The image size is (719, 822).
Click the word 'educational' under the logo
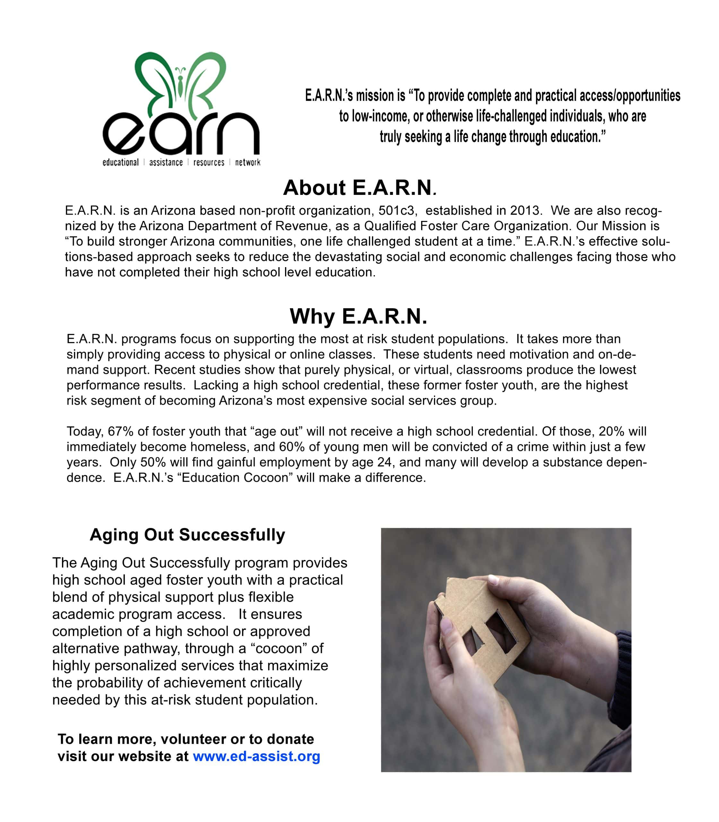point(120,162)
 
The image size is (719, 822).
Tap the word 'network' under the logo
point(247,162)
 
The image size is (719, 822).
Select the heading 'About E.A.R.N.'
point(359,188)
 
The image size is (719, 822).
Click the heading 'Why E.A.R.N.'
point(358,316)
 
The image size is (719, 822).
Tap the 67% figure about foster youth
point(120,432)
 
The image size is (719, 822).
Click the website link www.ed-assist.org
point(256,756)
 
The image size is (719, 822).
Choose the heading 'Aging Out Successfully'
point(187,535)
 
